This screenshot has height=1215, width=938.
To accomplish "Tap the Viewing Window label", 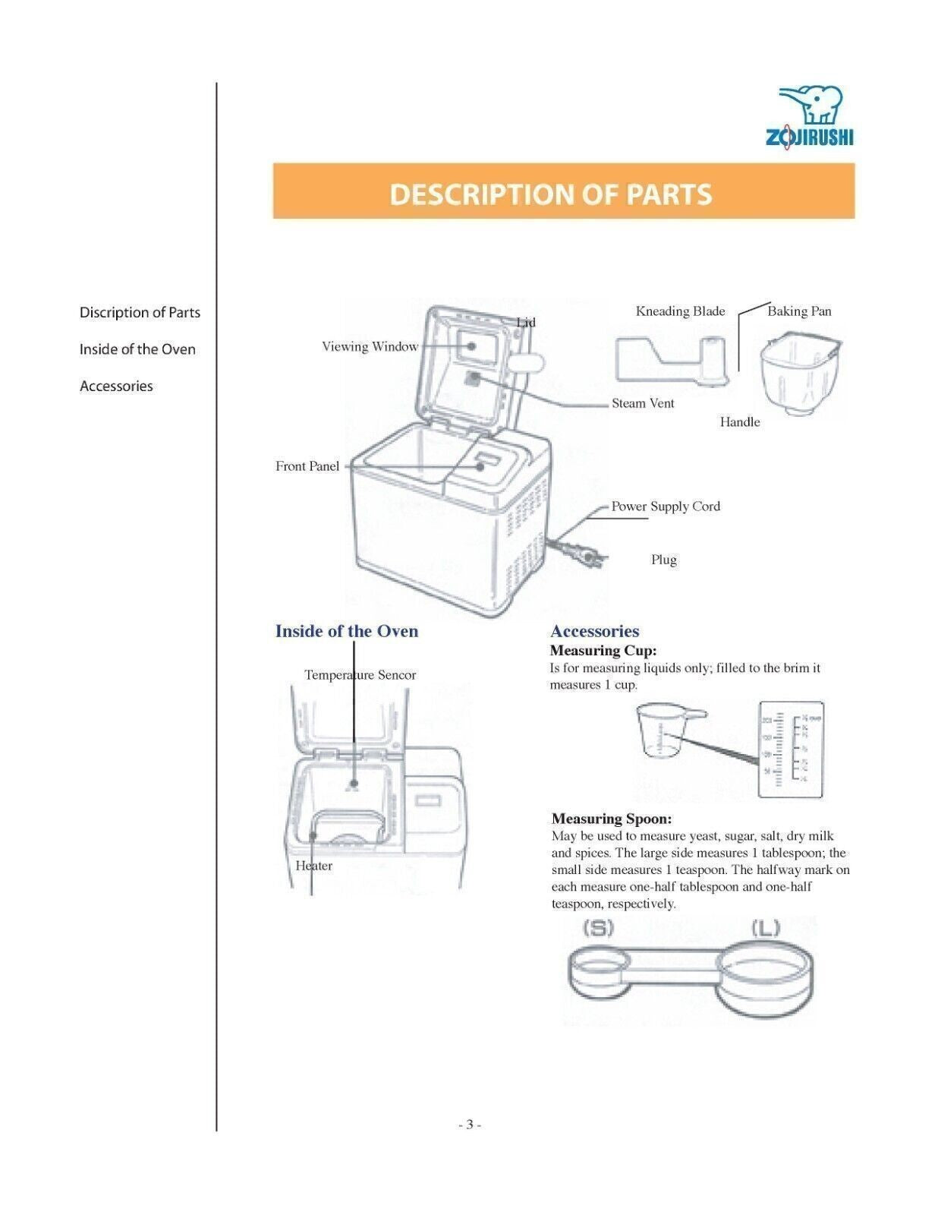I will [370, 347].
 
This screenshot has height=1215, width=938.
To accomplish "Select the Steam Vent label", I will [643, 403].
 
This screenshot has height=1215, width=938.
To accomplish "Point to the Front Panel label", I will [307, 466].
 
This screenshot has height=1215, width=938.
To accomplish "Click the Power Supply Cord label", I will [666, 507].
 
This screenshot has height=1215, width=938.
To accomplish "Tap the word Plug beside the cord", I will [663, 560].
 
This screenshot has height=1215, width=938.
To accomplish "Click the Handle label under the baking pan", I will [739, 422].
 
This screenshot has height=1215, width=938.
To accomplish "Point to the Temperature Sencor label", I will [360, 675].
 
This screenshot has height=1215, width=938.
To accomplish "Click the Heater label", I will [313, 866].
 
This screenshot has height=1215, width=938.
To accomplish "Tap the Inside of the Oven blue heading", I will [346, 631].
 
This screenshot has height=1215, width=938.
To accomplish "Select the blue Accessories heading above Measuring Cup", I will [594, 631].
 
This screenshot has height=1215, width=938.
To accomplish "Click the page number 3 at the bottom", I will [469, 1125].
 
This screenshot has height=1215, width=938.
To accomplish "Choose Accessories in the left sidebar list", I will [116, 386].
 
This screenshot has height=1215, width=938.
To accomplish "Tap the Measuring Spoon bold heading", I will [611, 819].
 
